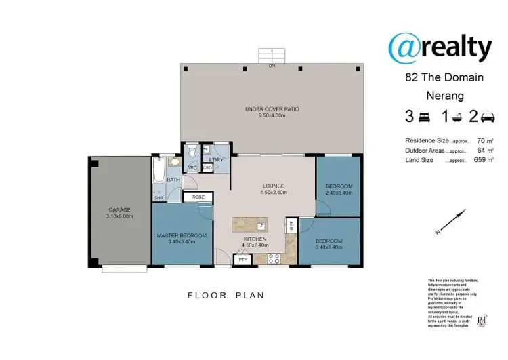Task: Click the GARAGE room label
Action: [119, 209]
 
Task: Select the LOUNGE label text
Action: [273, 186]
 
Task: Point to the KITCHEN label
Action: [255, 239]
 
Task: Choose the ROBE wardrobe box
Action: [198, 197]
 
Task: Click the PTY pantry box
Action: [240, 259]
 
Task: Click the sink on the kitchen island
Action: [260, 225]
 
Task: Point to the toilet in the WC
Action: [192, 153]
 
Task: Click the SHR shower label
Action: [159, 197]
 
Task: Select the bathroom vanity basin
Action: [173, 162]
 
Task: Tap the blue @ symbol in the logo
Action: [407, 46]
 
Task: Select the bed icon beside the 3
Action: [424, 117]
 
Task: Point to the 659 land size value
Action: [482, 160]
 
